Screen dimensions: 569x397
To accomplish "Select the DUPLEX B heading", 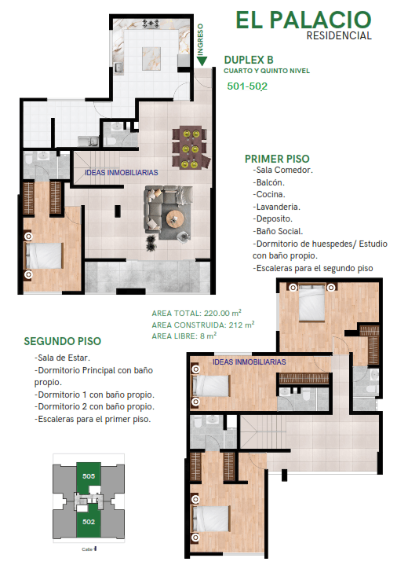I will pyautogui.click(x=249, y=60).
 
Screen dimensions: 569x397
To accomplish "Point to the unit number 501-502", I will pyautogui.click(x=247, y=86).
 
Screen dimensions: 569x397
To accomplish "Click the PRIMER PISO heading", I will pyautogui.click(x=280, y=158).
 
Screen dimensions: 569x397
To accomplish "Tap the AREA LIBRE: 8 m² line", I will pyautogui.click(x=184, y=336).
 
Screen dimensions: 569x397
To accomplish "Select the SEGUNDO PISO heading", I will pyautogui.click(x=63, y=342).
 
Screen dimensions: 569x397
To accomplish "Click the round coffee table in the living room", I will pyautogui.click(x=176, y=218).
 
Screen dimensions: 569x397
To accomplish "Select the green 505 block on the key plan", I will pyautogui.click(x=89, y=475).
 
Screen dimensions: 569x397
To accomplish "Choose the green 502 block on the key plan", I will pyautogui.click(x=89, y=520).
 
